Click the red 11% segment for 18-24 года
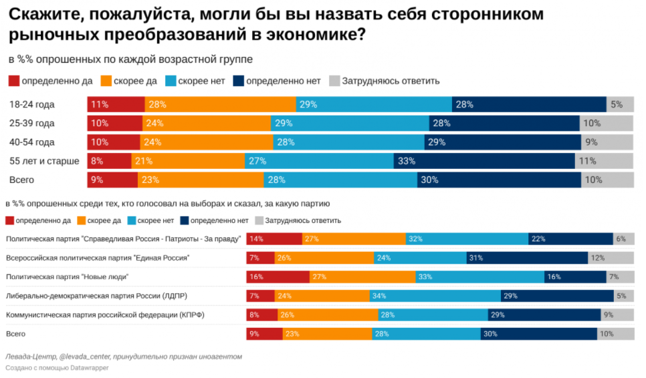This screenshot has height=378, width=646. pyautogui.click(x=116, y=104)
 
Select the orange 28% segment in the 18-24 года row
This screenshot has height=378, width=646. pyautogui.click(x=220, y=104)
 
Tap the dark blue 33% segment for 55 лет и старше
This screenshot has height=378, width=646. pyautogui.click(x=484, y=161)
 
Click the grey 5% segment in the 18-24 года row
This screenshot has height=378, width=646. pyautogui.click(x=620, y=104)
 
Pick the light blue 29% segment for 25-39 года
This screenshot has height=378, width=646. pyautogui.click(x=350, y=124)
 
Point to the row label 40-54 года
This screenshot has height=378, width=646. pyautogui.click(x=31, y=142)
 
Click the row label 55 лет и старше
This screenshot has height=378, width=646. pyautogui.click(x=44, y=161)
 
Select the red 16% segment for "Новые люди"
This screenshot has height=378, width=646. pyautogui.click(x=278, y=276)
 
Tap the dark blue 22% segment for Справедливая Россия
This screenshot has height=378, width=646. pyautogui.click(x=570, y=239)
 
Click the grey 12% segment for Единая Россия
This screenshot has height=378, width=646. pyautogui.click(x=611, y=258)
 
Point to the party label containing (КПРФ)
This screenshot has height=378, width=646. pyautogui.click(x=105, y=315)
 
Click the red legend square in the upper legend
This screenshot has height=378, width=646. pyautogui.click(x=14, y=81)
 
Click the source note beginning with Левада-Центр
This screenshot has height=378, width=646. pyautogui.click(x=123, y=357)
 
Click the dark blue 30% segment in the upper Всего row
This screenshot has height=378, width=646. pyautogui.click(x=499, y=180)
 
